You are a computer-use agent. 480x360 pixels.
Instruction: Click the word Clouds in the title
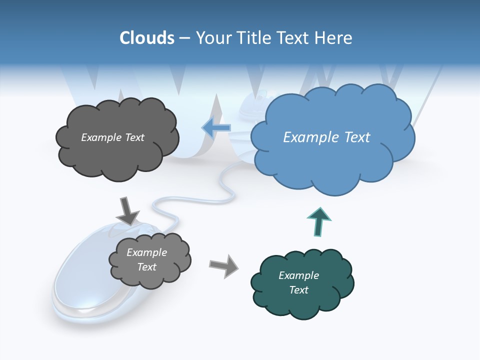[x=147, y=38]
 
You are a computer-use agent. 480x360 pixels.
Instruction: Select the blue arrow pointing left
[x=216, y=127]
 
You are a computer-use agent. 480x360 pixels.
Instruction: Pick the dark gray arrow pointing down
[x=127, y=210]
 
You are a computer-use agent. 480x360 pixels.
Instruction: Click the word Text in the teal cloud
[x=299, y=290]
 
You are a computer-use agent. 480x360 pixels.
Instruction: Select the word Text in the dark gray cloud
[x=134, y=137]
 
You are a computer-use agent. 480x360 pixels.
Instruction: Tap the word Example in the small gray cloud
[x=147, y=252]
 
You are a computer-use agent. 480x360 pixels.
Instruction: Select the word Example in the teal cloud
[x=299, y=275]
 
